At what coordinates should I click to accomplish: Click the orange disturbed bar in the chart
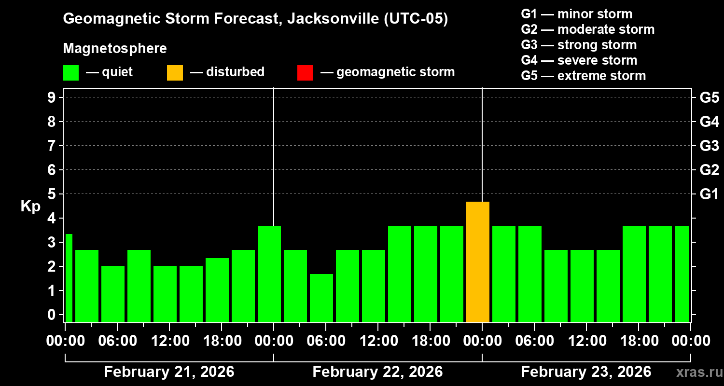click(x=478, y=262)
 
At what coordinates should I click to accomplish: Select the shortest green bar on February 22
click(x=321, y=298)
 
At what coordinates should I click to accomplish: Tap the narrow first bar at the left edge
click(x=69, y=278)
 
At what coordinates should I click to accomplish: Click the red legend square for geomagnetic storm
click(x=305, y=72)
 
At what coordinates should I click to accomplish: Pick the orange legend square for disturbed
click(x=175, y=72)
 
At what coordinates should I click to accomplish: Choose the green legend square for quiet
click(x=70, y=72)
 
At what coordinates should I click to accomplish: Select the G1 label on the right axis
click(x=709, y=194)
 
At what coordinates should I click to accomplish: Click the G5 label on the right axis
click(x=709, y=98)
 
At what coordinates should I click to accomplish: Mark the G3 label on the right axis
click(x=709, y=146)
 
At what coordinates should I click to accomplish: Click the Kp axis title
click(x=30, y=207)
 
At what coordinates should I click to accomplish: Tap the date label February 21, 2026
click(x=169, y=372)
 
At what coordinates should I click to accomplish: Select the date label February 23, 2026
click(x=586, y=372)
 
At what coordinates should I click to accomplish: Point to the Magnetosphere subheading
click(x=115, y=49)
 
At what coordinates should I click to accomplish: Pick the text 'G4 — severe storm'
click(x=579, y=60)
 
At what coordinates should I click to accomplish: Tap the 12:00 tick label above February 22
click(x=378, y=341)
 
